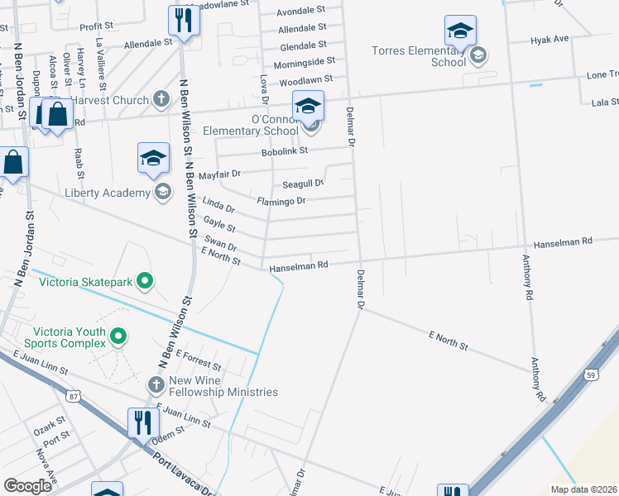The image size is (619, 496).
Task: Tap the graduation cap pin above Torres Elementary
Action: [x=460, y=31]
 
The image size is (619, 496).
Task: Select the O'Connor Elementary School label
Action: [x=258, y=125]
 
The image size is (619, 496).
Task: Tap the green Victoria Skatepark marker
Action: [x=146, y=282]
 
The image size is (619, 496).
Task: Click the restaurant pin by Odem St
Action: [x=142, y=423]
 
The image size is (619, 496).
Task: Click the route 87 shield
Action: [x=74, y=397]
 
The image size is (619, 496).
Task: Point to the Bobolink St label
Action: [x=285, y=151]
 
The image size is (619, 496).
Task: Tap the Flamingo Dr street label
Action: [x=281, y=201]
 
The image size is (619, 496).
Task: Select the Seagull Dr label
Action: [x=303, y=184]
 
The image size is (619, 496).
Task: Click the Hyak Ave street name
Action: [x=549, y=39]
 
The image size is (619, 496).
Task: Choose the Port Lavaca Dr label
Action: [x=184, y=473]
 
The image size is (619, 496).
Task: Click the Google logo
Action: [x=27, y=485]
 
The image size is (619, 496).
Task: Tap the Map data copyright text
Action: [x=583, y=489]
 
